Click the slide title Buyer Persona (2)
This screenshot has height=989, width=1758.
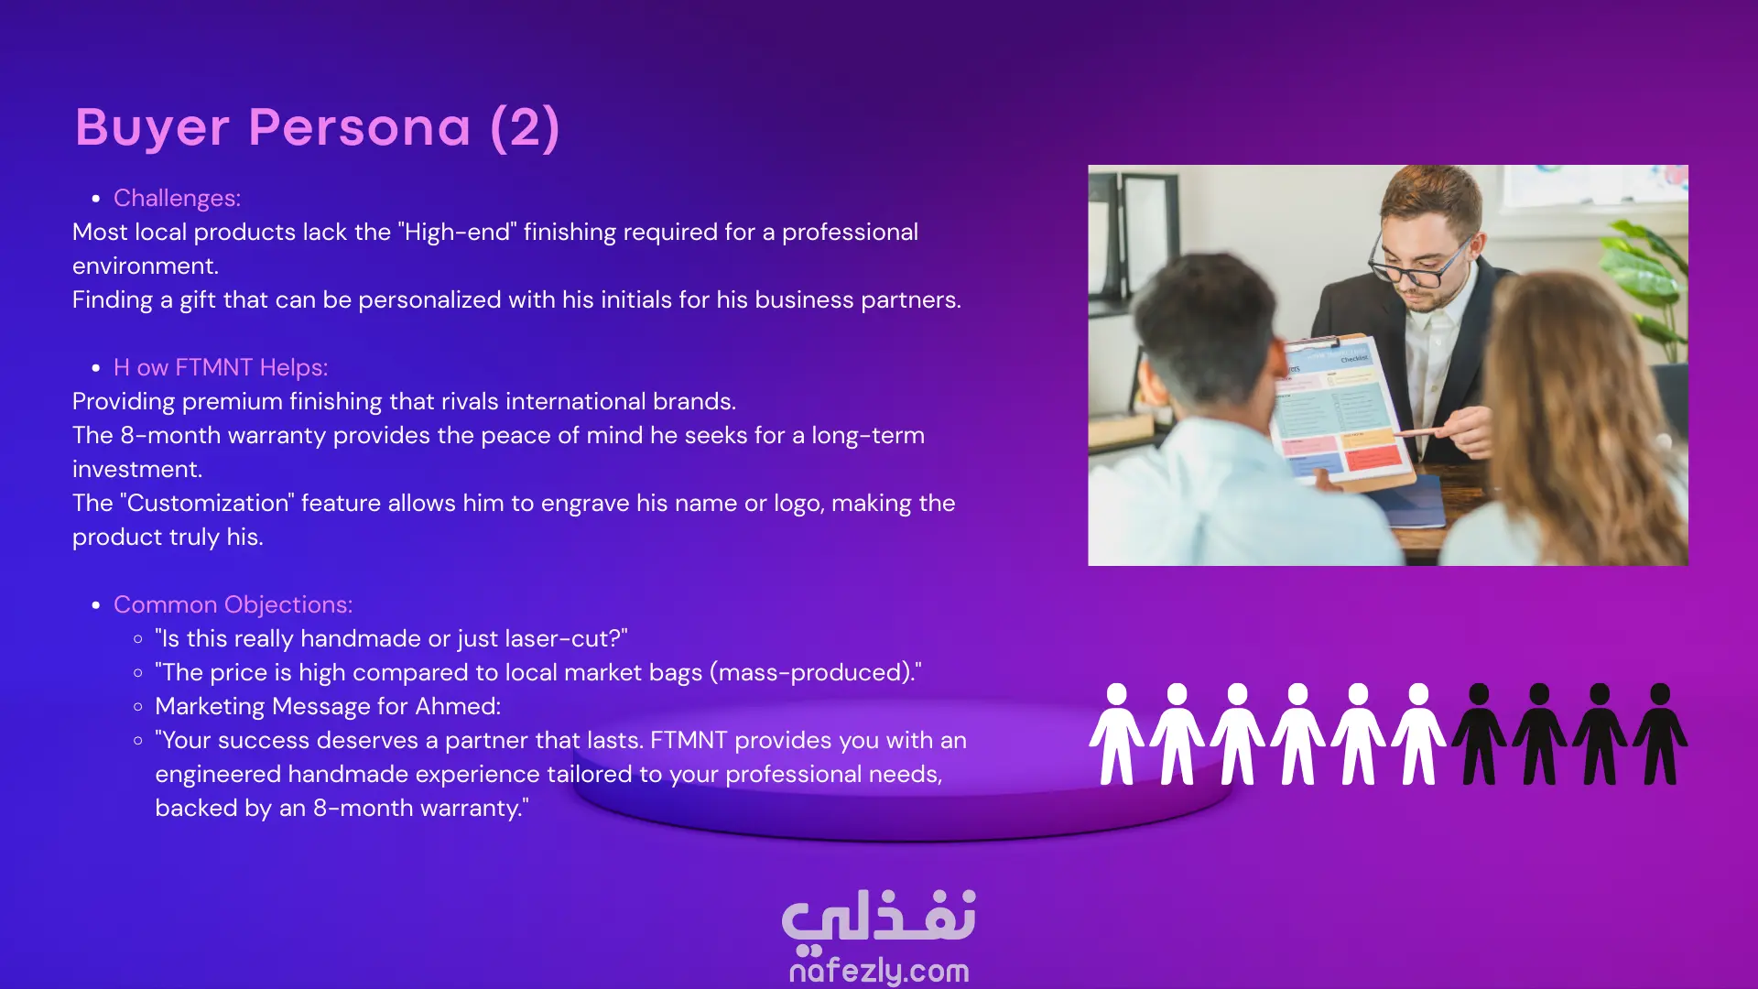click(317, 127)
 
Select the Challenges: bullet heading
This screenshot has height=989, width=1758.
click(177, 198)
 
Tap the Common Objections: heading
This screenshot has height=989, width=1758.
click(233, 604)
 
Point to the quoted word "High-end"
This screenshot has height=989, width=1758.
click(457, 232)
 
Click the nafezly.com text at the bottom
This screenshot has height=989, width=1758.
click(879, 971)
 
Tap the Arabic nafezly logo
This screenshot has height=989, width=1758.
click(879, 918)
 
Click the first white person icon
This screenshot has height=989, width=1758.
click(1116, 734)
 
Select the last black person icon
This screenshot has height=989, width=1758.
click(1660, 734)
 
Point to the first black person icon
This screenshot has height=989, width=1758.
click(1479, 734)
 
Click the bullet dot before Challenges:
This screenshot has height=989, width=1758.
click(96, 199)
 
